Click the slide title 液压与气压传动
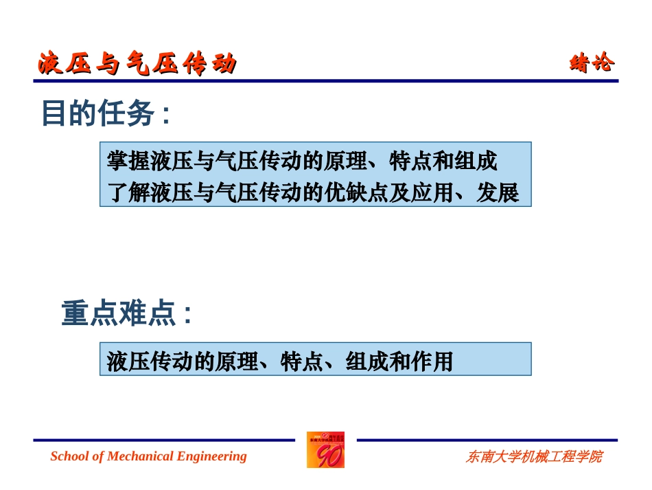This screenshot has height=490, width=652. coord(137,64)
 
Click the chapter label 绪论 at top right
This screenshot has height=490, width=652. coord(592,63)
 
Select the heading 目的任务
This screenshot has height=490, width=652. coord(97,113)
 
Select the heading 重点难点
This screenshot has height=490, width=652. coord(117,314)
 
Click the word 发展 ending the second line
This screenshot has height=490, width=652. coord(498,194)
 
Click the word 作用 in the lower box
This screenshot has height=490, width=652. coord(432,361)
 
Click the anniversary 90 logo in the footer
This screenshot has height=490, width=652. coord(325,450)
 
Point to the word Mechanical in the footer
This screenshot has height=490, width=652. coord(141,456)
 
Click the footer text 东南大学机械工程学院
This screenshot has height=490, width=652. coord(534,456)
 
